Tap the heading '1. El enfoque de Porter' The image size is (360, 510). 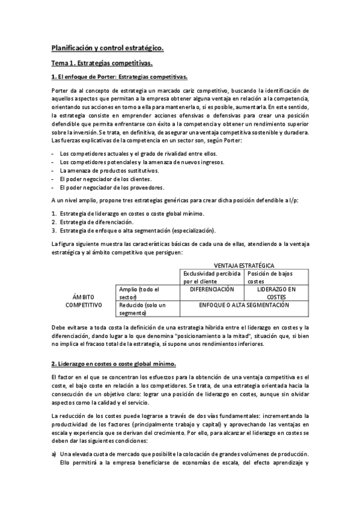click(x=119, y=77)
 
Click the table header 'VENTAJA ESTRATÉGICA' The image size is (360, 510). click(x=245, y=265)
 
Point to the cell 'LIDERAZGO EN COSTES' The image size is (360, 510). click(x=276, y=293)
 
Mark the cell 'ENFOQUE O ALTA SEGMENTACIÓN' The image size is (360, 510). click(x=244, y=305)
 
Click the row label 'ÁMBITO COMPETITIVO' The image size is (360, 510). click(x=84, y=301)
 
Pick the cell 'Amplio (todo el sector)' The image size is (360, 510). click(x=141, y=293)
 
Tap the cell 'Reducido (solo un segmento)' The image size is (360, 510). click(x=142, y=309)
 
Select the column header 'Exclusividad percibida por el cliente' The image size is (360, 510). click(x=212, y=277)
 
